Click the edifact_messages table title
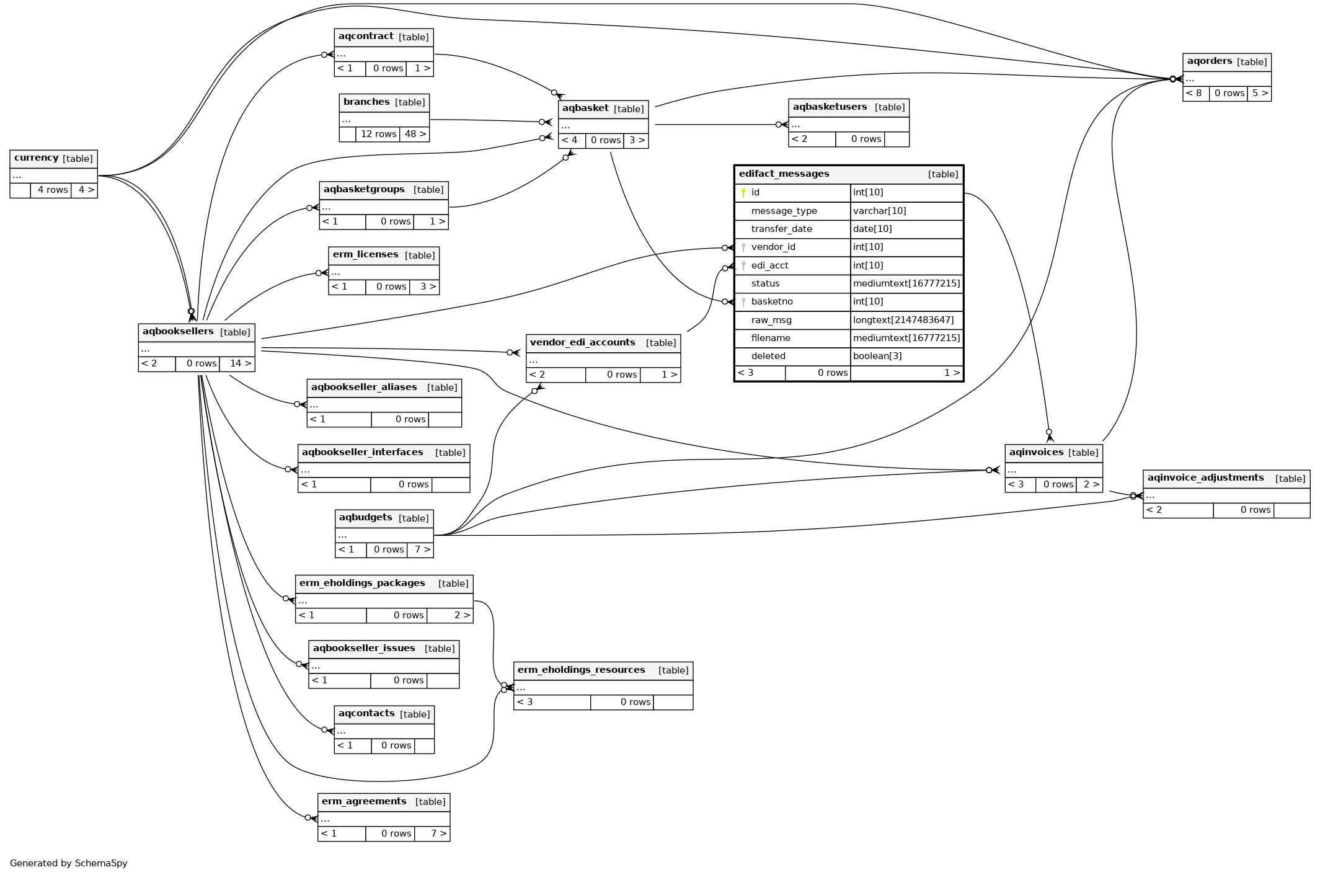(784, 174)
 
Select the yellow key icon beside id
(743, 193)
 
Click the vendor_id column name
(773, 247)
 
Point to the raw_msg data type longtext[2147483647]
(903, 320)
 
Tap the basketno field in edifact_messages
(771, 302)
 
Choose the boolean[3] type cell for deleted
(877, 356)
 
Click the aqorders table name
(1209, 61)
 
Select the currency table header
(36, 158)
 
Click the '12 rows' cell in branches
(378, 134)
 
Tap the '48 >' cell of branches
(415, 134)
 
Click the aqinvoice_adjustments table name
(1205, 478)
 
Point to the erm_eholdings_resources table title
(581, 670)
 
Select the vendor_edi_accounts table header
(582, 343)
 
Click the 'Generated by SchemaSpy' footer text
(68, 863)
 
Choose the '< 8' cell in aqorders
(1194, 94)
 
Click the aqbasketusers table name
(830, 107)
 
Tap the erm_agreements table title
(364, 802)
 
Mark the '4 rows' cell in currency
(52, 190)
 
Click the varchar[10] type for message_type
(879, 211)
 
